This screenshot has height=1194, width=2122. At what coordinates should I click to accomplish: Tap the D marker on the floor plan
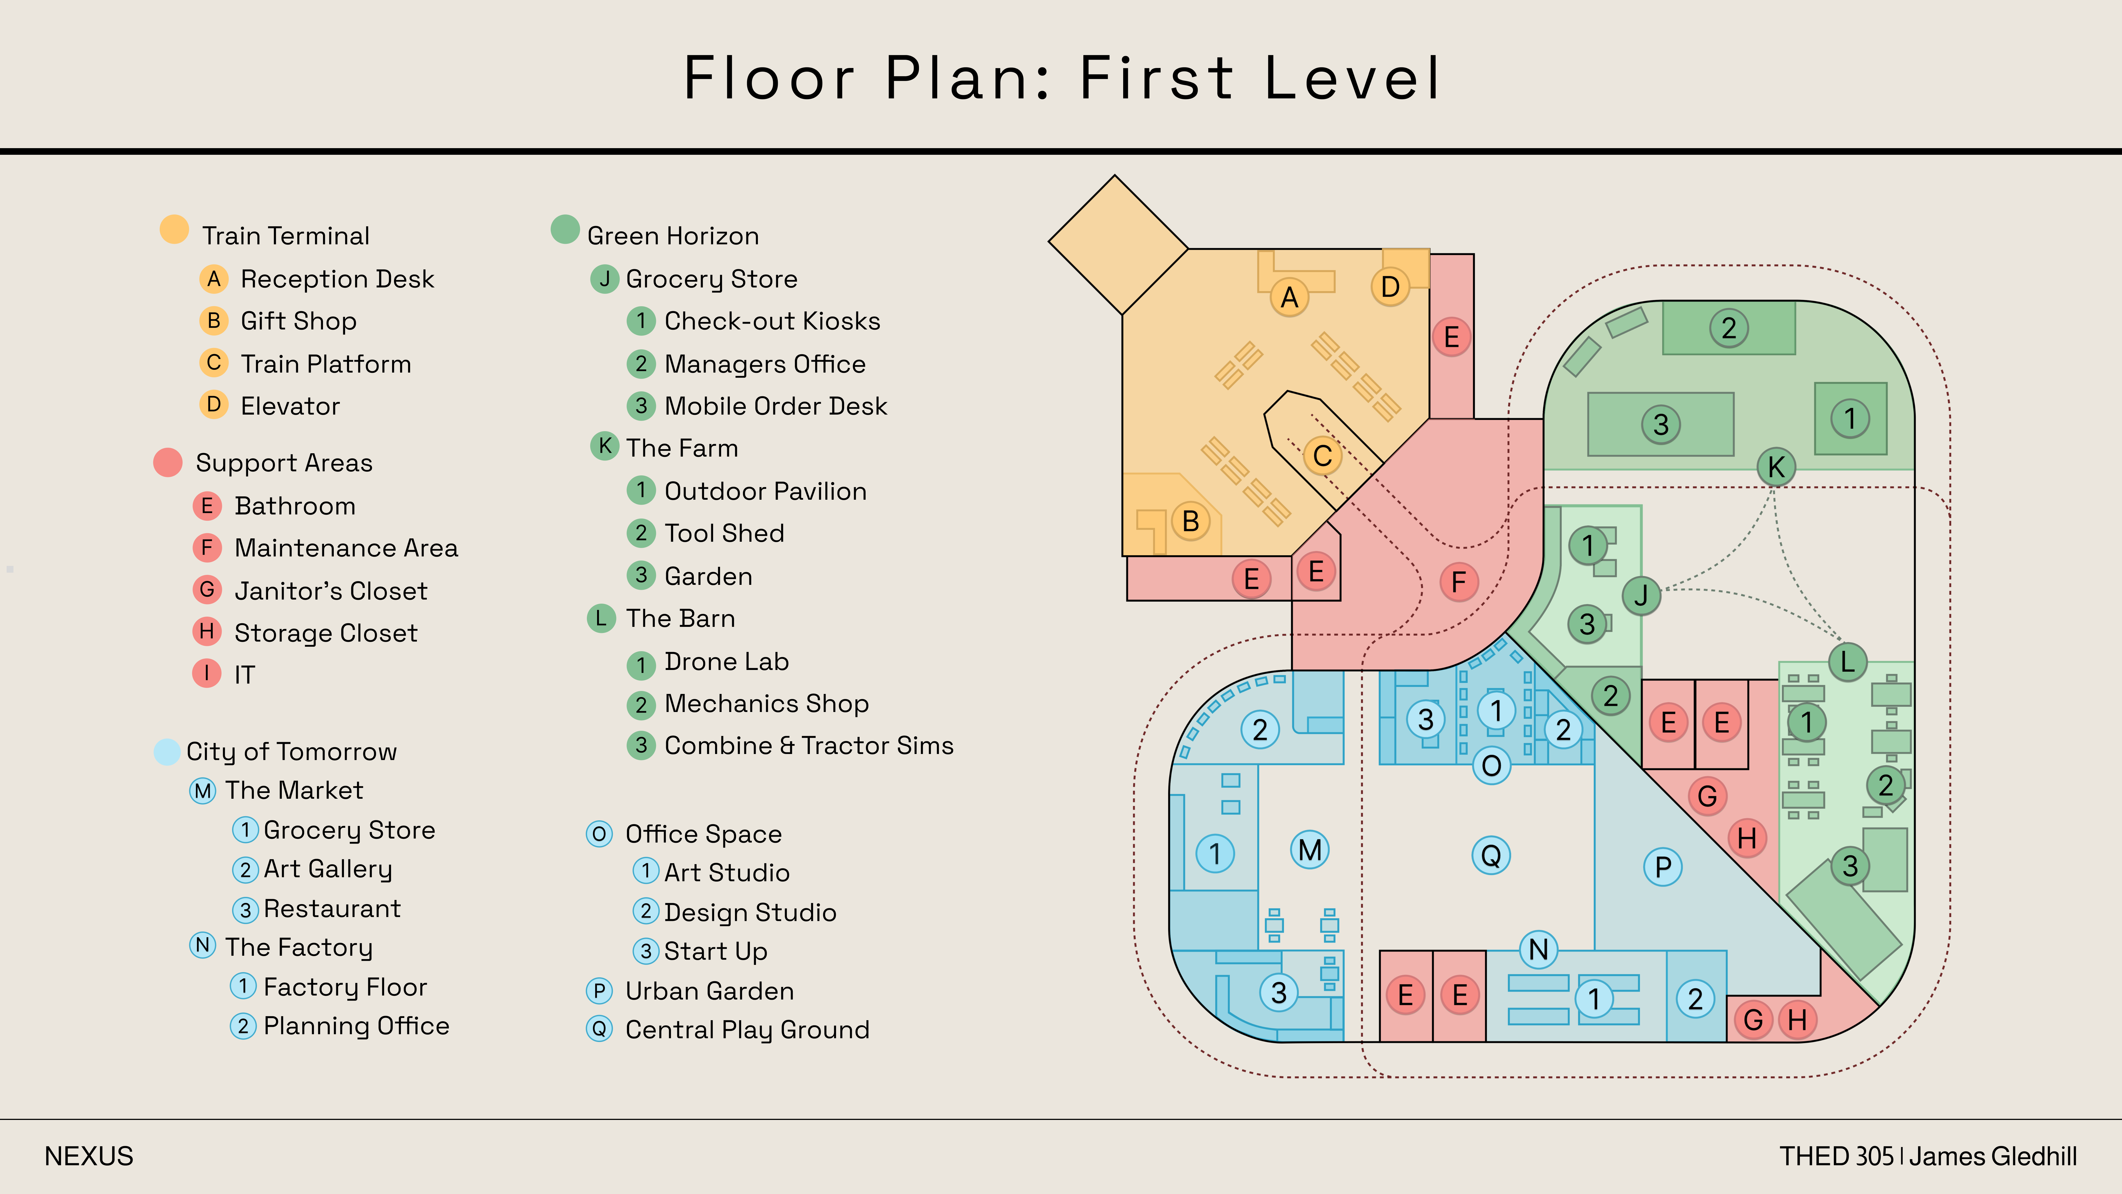(x=1391, y=287)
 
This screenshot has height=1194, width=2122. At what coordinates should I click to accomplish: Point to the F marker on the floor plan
(x=1459, y=582)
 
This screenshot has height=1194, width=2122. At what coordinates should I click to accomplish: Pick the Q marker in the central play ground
(x=1491, y=855)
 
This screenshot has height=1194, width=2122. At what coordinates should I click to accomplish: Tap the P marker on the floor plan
(x=1663, y=867)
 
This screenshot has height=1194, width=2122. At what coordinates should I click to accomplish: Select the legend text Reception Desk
(x=337, y=279)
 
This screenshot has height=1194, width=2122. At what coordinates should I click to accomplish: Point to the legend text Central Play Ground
(x=747, y=1030)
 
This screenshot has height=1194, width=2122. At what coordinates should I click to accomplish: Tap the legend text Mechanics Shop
(x=766, y=704)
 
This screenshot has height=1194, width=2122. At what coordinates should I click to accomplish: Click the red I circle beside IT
(x=207, y=673)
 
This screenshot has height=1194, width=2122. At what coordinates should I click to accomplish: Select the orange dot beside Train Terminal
(x=174, y=229)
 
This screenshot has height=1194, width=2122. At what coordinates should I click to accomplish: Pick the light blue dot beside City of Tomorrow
(x=167, y=752)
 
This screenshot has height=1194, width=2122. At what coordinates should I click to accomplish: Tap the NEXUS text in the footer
(x=89, y=1156)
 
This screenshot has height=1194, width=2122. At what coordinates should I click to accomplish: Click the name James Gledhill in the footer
(x=1993, y=1156)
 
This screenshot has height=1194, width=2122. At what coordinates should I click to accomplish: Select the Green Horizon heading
(x=673, y=237)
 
